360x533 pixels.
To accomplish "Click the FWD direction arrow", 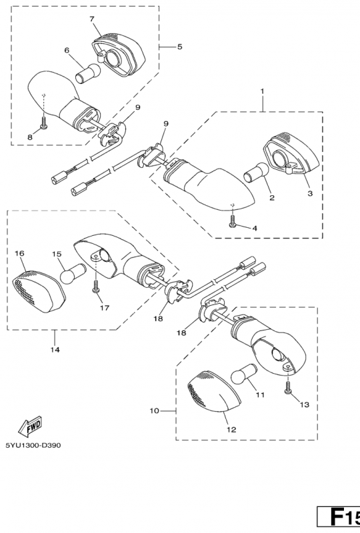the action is click(x=30, y=426).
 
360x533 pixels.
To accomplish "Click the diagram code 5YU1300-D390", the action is click(x=33, y=445).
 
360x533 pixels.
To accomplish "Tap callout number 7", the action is click(x=92, y=19).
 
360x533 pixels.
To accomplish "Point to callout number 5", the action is click(x=179, y=47).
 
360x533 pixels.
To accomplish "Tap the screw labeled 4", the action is click(x=233, y=221).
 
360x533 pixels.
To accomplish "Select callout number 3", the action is click(x=310, y=193).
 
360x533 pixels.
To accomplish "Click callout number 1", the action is click(x=263, y=91).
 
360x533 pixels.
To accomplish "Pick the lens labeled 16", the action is click(x=39, y=290).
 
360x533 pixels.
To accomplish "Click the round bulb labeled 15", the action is click(x=73, y=272).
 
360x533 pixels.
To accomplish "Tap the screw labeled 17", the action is click(x=95, y=286).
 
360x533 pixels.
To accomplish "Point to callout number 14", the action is click(x=55, y=349).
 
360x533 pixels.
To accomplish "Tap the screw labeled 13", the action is click(x=288, y=387).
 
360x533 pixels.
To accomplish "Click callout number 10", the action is click(x=154, y=410).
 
